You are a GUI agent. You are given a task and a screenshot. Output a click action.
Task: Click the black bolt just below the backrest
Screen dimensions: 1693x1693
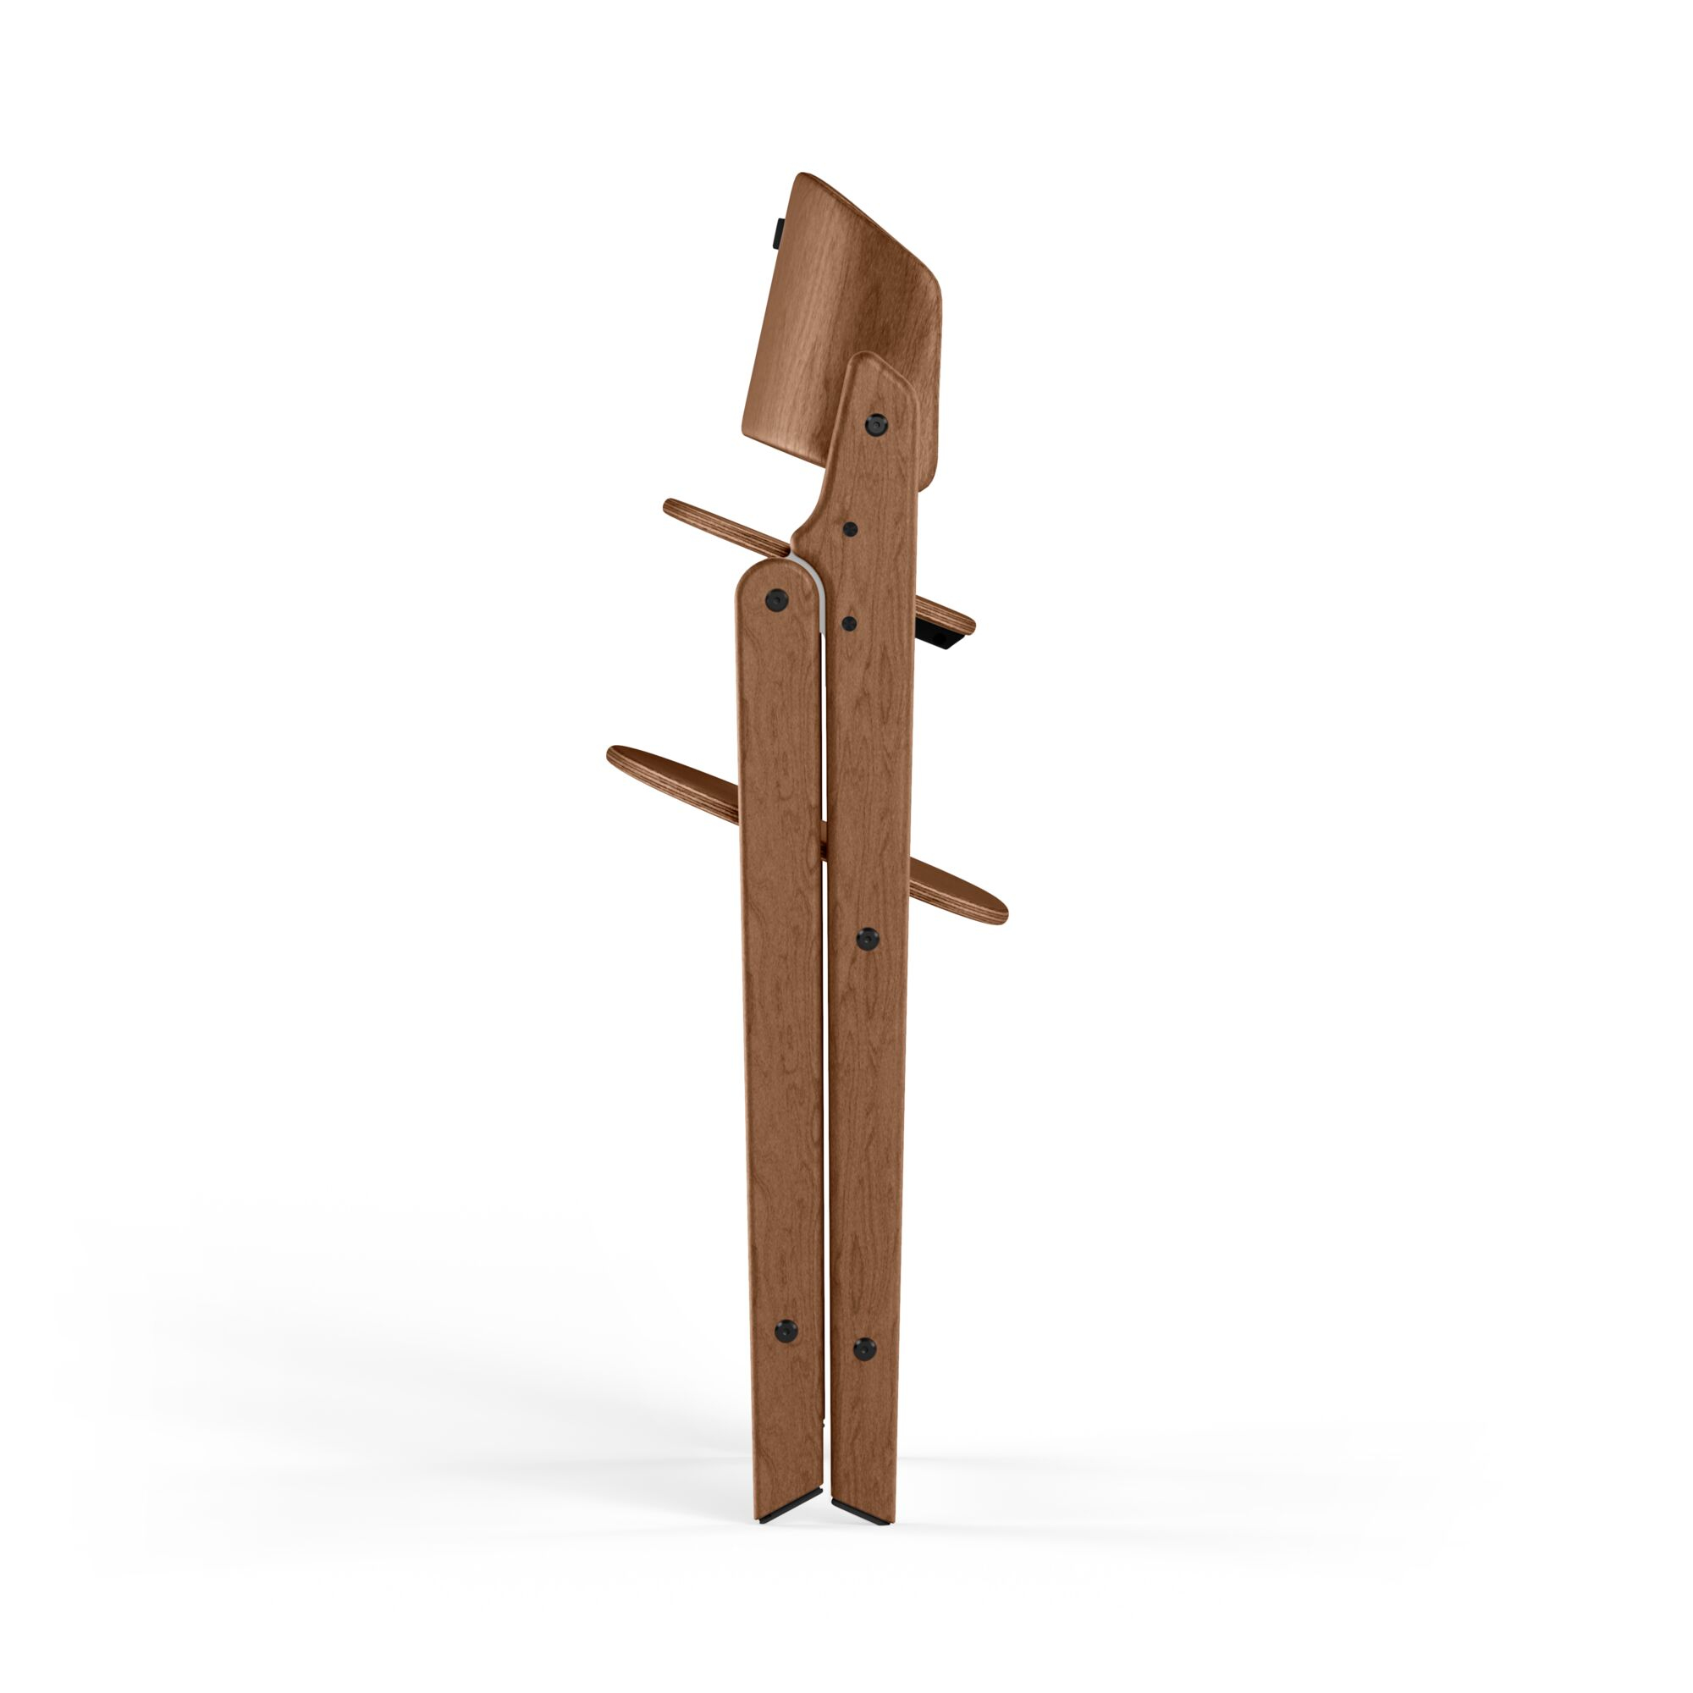coord(874,425)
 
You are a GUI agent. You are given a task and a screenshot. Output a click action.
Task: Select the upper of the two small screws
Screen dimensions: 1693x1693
coord(849,529)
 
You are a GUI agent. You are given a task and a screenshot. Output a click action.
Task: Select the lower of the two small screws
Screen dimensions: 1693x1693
coord(848,623)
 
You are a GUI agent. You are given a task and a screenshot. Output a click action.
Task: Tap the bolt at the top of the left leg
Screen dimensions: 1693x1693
coord(775,599)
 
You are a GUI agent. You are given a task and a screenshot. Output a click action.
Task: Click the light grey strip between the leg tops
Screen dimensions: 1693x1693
coord(818,587)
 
